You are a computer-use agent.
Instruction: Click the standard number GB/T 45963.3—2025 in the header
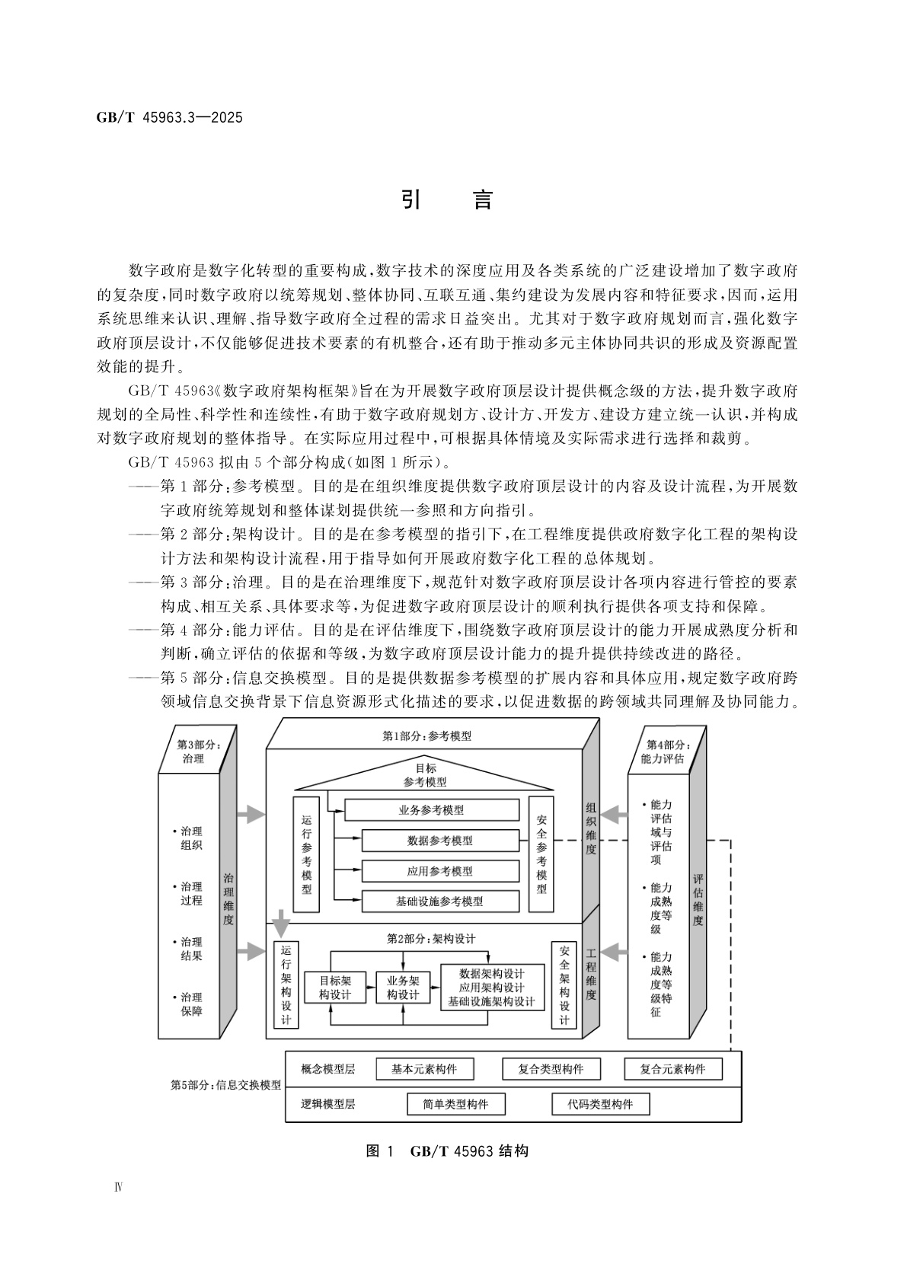[x=169, y=118]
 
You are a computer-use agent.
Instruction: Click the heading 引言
[x=447, y=199]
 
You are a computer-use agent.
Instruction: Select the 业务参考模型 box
[x=432, y=810]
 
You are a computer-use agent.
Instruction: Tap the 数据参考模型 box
[x=439, y=841]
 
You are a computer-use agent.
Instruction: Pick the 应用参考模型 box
[x=439, y=871]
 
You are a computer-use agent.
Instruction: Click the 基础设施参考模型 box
[x=439, y=902]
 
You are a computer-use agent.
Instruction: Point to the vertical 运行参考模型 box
[x=306, y=854]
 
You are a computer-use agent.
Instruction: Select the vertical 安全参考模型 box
[x=541, y=854]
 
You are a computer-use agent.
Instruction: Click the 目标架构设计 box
[x=334, y=988]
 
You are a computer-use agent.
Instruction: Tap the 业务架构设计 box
[x=403, y=988]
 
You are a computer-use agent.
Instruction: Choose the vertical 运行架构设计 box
[x=286, y=985]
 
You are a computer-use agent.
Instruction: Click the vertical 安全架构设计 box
[x=564, y=985]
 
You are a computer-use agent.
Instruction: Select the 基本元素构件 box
[x=424, y=1069]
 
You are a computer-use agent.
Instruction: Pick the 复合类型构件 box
[x=551, y=1069]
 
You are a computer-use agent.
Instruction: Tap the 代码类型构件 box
[x=600, y=1104]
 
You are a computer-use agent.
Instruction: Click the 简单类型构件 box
[x=455, y=1104]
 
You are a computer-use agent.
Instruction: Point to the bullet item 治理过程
[x=190, y=893]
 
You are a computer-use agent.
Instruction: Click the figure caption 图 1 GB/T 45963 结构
[x=447, y=1151]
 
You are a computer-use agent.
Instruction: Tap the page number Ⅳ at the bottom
[x=119, y=1188]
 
